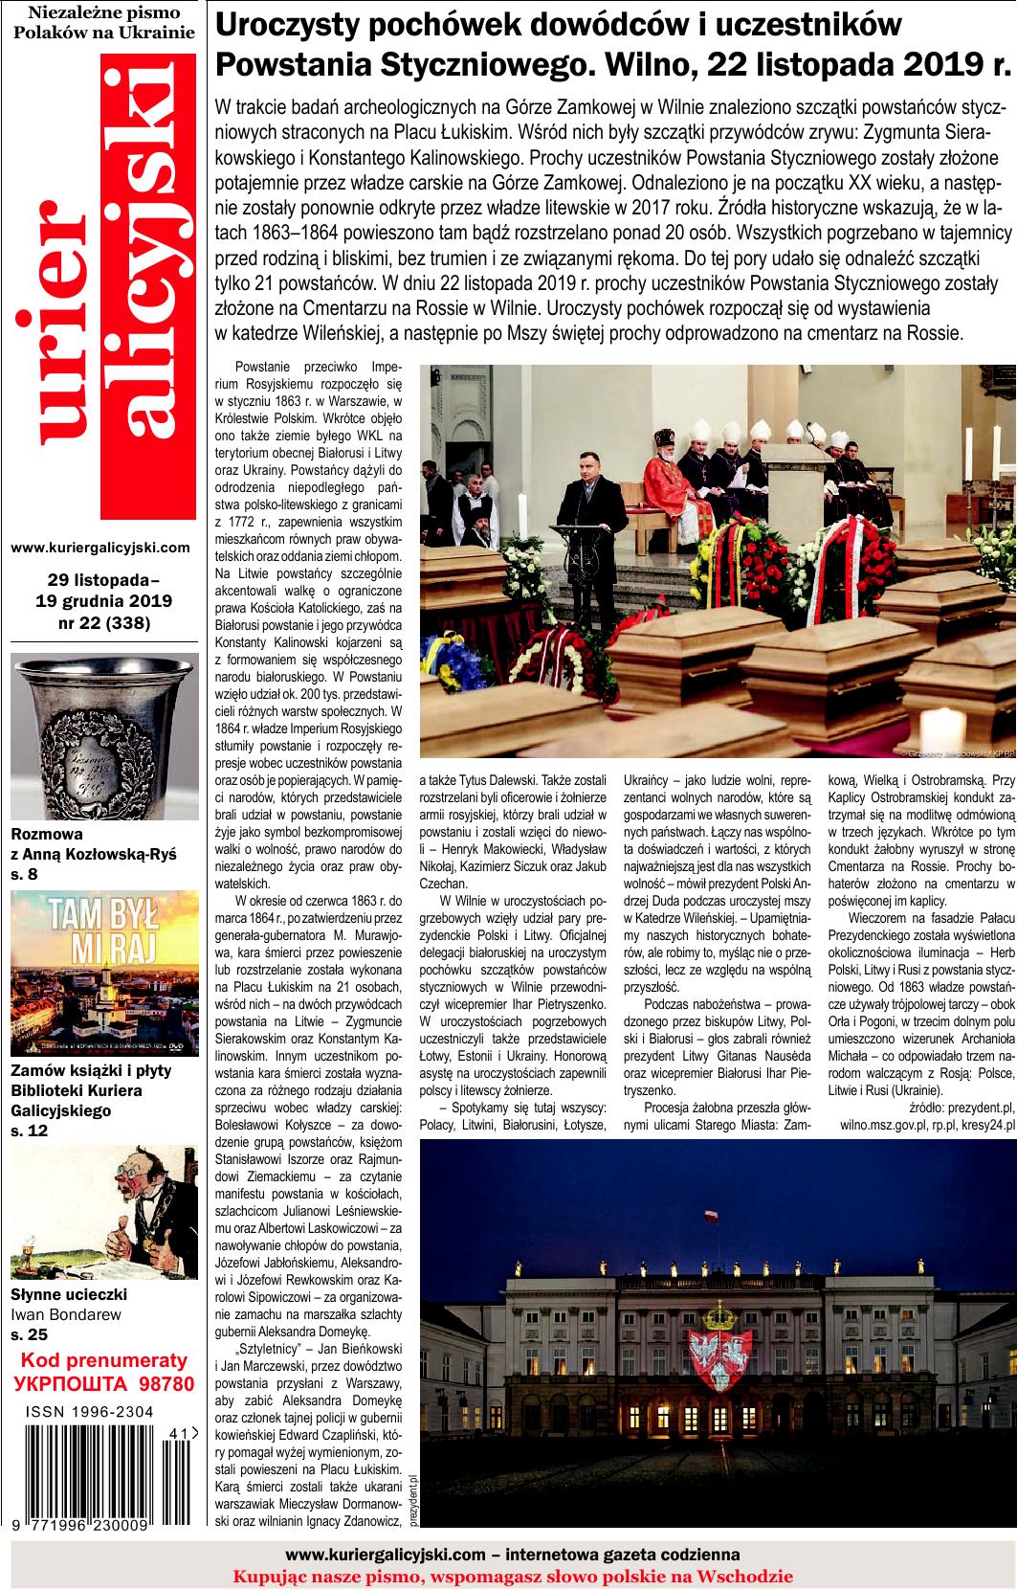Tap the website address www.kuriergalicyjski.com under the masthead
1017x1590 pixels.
(100, 549)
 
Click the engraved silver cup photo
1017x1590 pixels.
(104, 734)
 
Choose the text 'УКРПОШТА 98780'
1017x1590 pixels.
(104, 1383)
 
